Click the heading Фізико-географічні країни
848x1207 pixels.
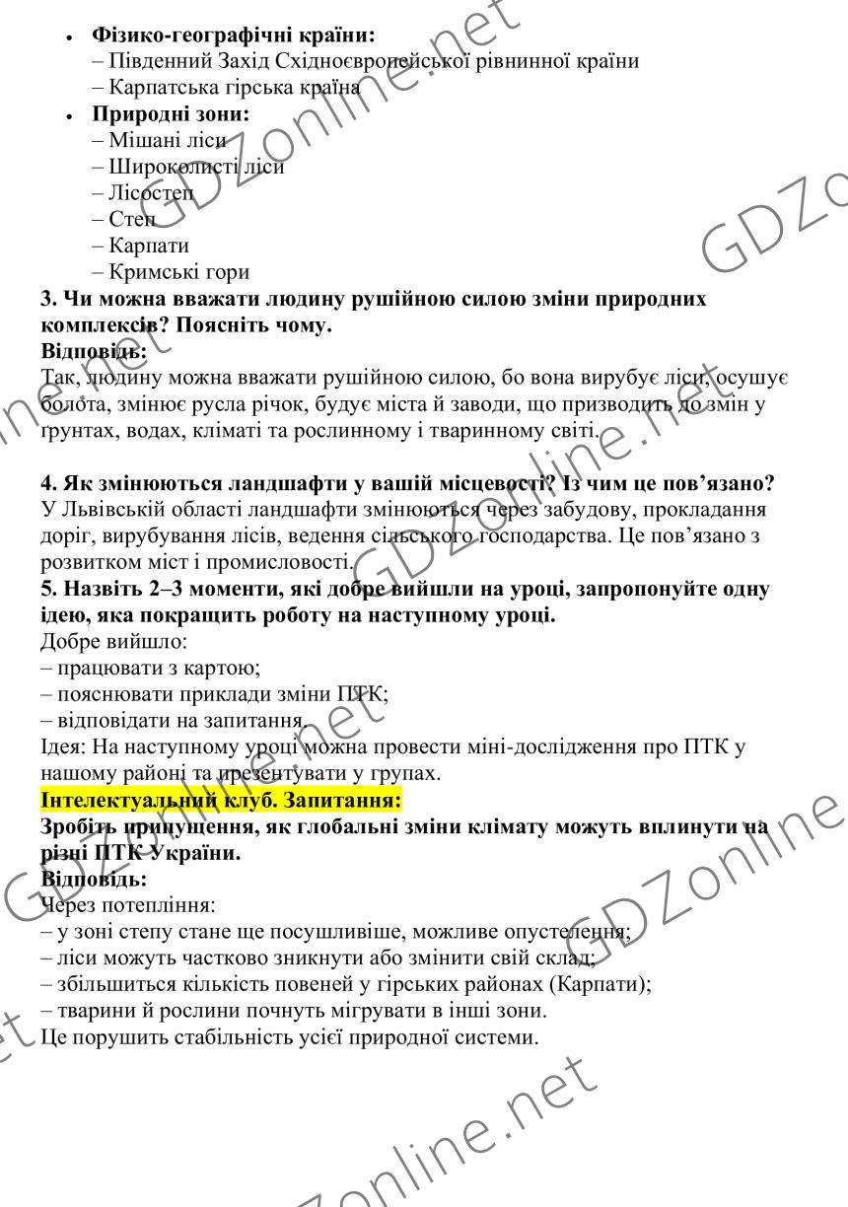(234, 35)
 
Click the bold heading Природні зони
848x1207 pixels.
(171, 113)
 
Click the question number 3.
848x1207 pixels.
(47, 298)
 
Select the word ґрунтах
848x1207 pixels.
(73, 431)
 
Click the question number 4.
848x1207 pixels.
(47, 484)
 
